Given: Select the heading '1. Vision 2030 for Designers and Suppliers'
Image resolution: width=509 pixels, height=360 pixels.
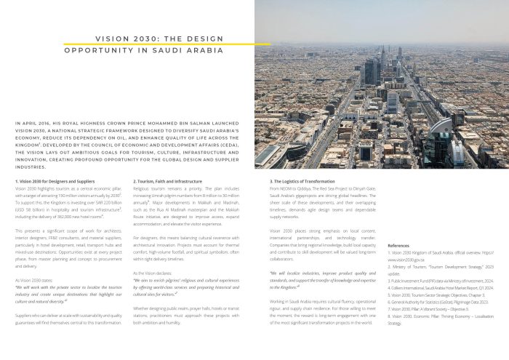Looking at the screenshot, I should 55,180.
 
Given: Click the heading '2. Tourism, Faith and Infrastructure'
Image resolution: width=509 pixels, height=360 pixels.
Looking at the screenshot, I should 167,180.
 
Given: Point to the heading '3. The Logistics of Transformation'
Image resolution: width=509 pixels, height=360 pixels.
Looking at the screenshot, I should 302,180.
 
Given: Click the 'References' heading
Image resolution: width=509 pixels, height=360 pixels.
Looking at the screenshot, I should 398,246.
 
